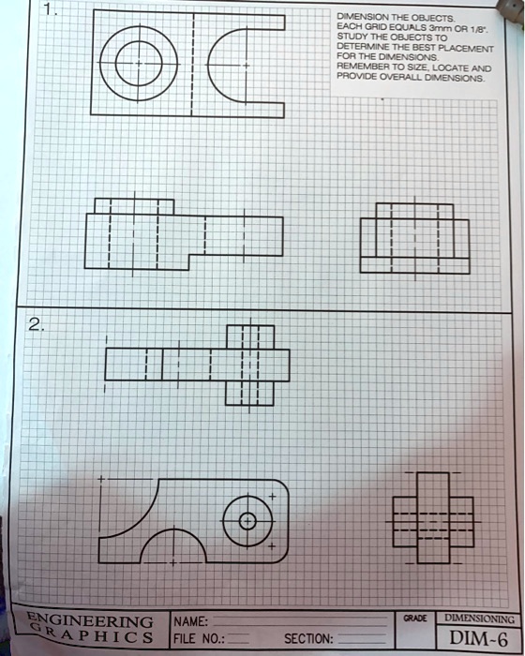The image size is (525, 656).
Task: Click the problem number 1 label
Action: tap(51, 10)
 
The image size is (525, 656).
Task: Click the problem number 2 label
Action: tap(36, 324)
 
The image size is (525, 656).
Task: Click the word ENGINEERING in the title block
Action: tap(90, 620)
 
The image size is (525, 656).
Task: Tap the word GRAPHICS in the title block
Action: tap(93, 634)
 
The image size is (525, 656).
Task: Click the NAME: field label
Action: tap(191, 621)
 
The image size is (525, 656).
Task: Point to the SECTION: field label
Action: tap(308, 639)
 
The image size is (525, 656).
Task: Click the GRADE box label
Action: tap(415, 618)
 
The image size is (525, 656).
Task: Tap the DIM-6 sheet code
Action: tap(479, 638)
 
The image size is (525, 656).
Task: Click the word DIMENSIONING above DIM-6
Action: tap(479, 618)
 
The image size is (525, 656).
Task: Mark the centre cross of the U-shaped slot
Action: tap(247, 66)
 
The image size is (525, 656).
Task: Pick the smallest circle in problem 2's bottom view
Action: tap(247, 514)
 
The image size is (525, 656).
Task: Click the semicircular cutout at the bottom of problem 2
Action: tap(172, 529)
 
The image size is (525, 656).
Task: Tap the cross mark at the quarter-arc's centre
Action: tap(101, 479)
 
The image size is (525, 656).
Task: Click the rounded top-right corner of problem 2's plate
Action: tap(283, 485)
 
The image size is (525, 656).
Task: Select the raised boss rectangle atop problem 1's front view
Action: tap(134, 200)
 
